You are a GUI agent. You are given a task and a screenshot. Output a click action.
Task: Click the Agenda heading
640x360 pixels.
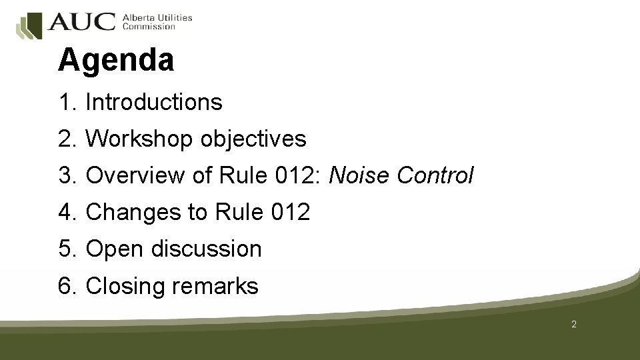click(116, 61)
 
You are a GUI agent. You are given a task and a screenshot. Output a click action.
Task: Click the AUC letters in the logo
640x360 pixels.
click(81, 22)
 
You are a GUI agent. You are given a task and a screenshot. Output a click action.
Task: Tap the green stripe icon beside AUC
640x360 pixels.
click(29, 26)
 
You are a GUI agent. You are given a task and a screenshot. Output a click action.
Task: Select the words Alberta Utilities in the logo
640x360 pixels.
click(157, 17)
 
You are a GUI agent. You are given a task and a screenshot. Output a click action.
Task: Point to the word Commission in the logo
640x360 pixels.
click(149, 27)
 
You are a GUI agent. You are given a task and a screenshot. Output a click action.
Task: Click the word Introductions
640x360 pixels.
click(154, 103)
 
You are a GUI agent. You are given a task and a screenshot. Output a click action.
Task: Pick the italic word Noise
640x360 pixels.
click(360, 176)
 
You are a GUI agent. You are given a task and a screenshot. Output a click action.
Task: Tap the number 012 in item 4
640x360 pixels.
click(291, 213)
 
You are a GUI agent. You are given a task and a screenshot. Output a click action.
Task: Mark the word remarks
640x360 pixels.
click(215, 286)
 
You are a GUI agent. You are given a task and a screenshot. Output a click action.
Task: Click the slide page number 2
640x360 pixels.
click(574, 325)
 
